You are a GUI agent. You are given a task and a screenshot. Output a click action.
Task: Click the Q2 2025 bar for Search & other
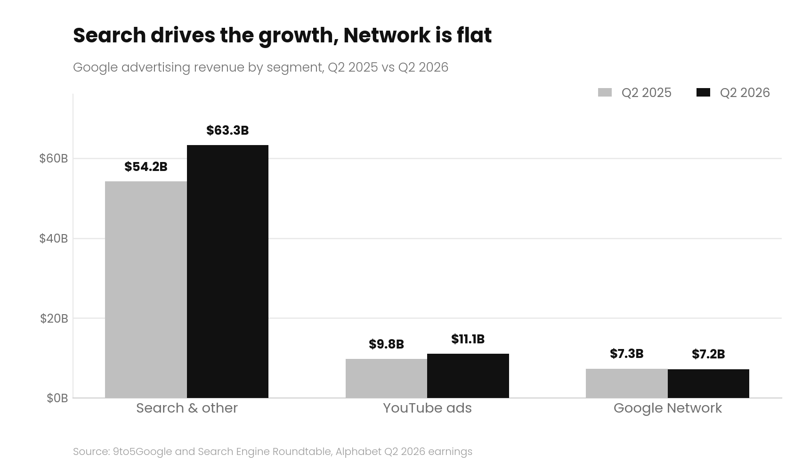(146, 290)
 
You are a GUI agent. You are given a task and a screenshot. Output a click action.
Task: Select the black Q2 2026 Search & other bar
(227, 271)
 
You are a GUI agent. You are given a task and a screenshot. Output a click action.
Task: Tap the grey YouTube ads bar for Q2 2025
(386, 378)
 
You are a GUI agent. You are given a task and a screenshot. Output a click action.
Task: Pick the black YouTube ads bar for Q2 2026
(468, 376)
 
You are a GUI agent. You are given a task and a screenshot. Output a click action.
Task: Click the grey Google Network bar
(627, 383)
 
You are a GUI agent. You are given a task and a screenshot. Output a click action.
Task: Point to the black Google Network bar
(708, 383)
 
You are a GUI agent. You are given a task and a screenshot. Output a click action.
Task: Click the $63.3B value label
(227, 130)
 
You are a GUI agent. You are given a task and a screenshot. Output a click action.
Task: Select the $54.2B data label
(146, 167)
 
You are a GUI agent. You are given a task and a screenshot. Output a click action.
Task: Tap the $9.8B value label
(386, 344)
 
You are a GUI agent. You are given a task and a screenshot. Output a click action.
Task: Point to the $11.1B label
(468, 339)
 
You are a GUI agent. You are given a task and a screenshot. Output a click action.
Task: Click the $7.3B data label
(627, 354)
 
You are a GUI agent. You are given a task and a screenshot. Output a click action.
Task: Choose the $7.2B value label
(708, 354)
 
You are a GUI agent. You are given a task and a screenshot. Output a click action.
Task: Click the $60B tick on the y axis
(54, 158)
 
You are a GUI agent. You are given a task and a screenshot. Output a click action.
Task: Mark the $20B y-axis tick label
(54, 318)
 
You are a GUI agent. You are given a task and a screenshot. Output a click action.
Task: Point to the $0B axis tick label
(57, 398)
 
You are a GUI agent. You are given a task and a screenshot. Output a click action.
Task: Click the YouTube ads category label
(427, 408)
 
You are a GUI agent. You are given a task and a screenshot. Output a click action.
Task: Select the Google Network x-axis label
(668, 408)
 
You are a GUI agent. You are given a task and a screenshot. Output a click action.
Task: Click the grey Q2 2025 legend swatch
(605, 92)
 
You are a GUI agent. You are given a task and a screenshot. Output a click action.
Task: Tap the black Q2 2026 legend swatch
(703, 92)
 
